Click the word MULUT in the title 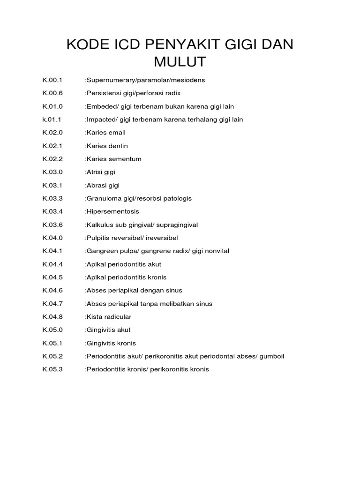click(180, 61)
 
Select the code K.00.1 click(52, 80)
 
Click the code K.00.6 click(52, 93)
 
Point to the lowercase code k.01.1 click(52, 120)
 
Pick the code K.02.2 click(52, 159)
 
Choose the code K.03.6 click(52, 225)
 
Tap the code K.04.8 click(52, 317)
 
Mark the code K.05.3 click(52, 369)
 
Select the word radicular click(118, 317)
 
